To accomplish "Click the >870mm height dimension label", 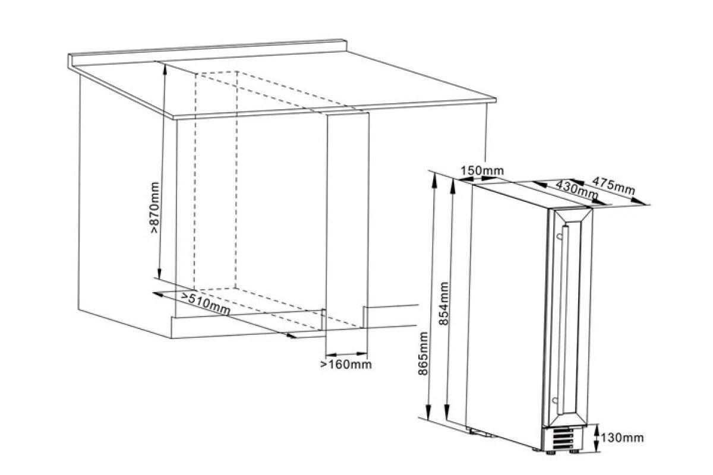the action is coord(154,207).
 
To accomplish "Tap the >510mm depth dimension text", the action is coord(206,303).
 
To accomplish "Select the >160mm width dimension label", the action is coord(346,365).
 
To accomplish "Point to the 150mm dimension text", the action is coord(482,171).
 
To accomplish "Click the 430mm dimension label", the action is coord(576,189).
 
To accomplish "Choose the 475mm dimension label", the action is coord(613,186).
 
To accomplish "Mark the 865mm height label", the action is coord(423,353).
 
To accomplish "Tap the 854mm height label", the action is coord(443,303).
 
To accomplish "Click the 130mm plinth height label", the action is coord(622,438).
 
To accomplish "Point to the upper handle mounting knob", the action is coord(559,236).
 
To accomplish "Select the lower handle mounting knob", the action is coord(555,400).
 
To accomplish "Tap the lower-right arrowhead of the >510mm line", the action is coord(291,335).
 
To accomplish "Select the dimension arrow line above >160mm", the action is coord(346,354).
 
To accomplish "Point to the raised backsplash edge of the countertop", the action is coord(207,52).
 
